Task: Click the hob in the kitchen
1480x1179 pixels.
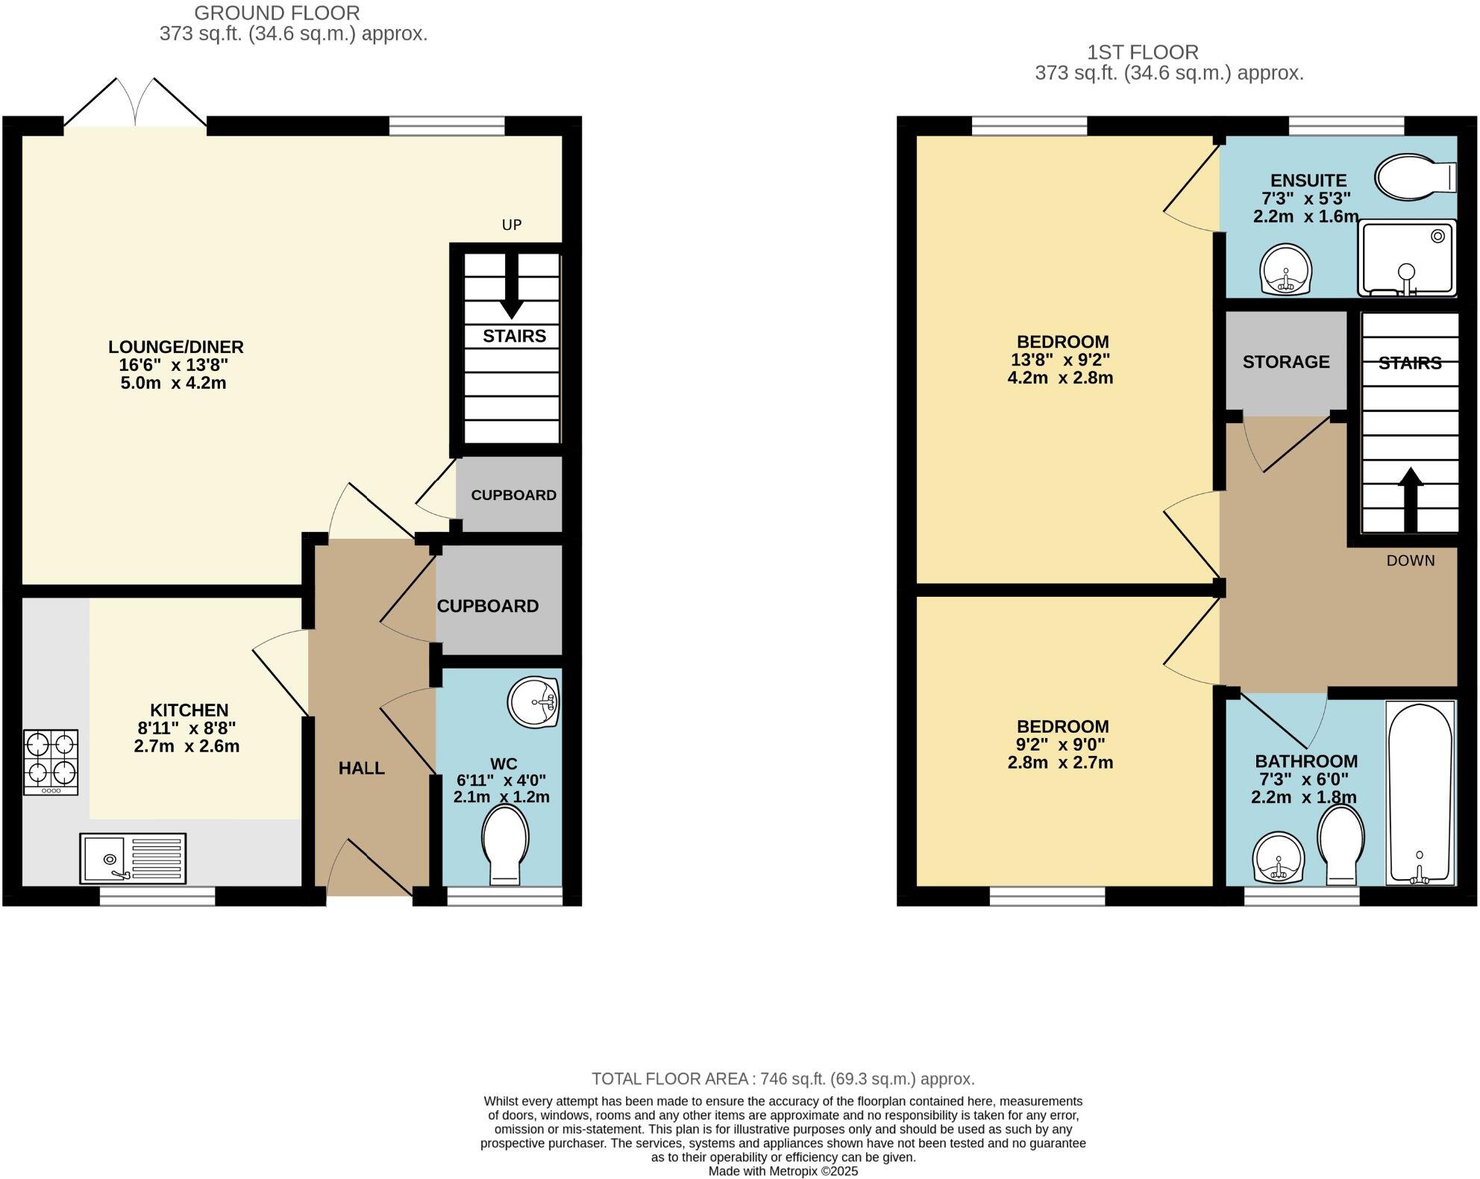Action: pos(51,762)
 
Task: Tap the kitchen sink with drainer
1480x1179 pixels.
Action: pos(133,858)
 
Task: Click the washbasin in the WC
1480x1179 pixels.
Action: pos(533,702)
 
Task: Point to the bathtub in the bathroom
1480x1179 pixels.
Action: pos(1420,792)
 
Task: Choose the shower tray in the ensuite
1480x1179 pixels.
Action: pos(1407,257)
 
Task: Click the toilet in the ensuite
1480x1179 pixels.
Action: pos(1415,177)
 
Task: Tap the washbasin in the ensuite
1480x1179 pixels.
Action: pos(1285,269)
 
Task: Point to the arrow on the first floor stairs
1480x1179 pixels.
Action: pos(1410,499)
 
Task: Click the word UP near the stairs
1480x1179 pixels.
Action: pos(512,225)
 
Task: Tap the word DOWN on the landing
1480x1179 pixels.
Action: pos(1411,560)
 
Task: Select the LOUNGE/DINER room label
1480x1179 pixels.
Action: pos(176,347)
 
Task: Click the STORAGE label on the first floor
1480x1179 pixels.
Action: pos(1286,362)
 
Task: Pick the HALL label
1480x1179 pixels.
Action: pos(362,768)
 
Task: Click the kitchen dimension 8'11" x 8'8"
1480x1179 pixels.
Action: pos(187,728)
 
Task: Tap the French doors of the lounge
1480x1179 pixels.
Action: pos(135,102)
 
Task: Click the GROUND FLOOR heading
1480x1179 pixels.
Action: pos(277,13)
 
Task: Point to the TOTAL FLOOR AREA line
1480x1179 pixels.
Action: pos(783,1078)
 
